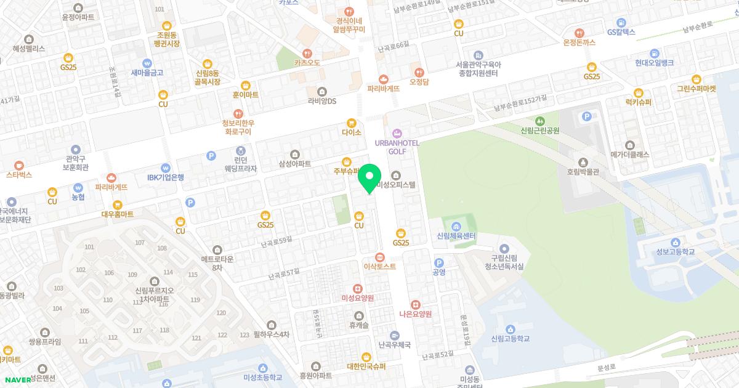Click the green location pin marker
tap(369, 179)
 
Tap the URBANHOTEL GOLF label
tap(397, 147)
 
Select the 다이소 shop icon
tap(351, 123)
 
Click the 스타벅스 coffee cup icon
tap(18, 165)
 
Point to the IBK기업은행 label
tap(165, 177)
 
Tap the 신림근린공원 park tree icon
tap(540, 121)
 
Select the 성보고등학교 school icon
tap(675, 242)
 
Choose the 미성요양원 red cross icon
tap(357, 288)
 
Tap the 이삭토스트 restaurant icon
tap(380, 257)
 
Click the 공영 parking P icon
tap(439, 262)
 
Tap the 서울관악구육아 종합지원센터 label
tap(479, 68)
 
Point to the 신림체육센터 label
tap(456, 236)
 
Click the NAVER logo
tap(17, 379)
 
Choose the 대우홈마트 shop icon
tap(117, 204)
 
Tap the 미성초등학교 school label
tap(262, 377)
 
